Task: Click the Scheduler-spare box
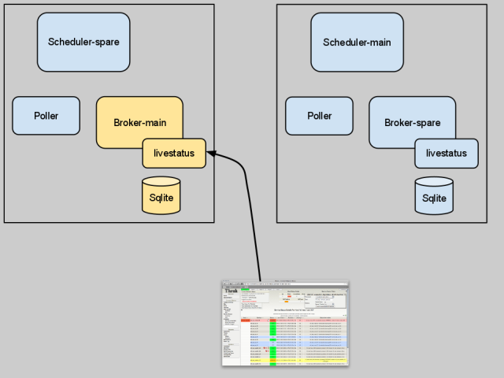[x=83, y=42]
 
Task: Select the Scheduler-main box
[x=357, y=42]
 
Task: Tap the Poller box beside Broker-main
[x=46, y=116]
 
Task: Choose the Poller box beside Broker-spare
[x=319, y=116]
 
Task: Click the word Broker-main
[x=139, y=123]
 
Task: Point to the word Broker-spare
[x=412, y=123]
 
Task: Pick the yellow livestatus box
[x=174, y=152]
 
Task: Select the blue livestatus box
[x=447, y=153]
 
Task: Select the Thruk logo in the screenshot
[x=231, y=291]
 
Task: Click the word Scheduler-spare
[x=83, y=42]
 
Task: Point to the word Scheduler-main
[x=357, y=42]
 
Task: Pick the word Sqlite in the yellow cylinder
[x=161, y=198]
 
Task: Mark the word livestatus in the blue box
[x=447, y=153]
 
